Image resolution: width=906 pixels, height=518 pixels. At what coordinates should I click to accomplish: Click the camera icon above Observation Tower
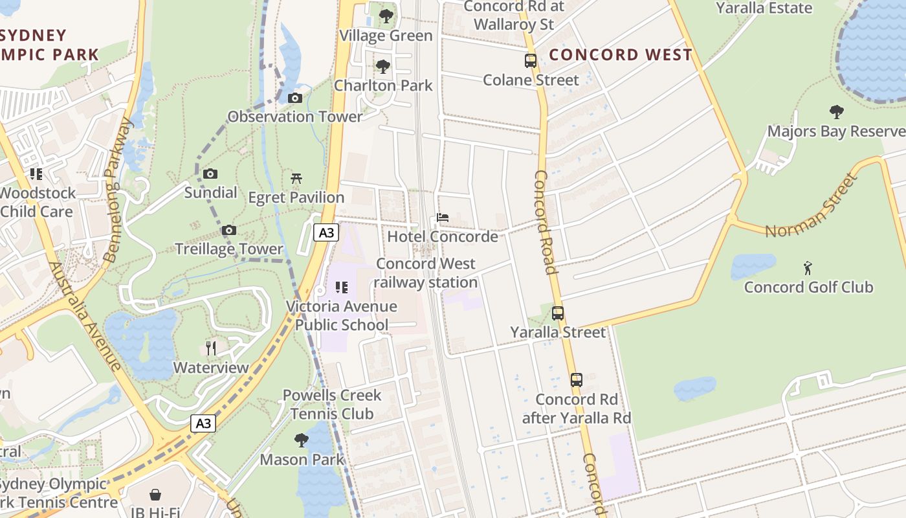[295, 98]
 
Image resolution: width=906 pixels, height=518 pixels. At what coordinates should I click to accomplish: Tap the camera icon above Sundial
[210, 174]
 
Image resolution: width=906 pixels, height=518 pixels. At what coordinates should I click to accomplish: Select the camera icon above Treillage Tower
[229, 231]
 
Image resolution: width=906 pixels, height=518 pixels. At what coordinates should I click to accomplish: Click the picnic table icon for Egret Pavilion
[296, 178]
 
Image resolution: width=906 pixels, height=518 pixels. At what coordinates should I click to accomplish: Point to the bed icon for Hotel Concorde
[443, 218]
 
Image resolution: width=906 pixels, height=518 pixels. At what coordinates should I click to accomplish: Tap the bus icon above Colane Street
[531, 61]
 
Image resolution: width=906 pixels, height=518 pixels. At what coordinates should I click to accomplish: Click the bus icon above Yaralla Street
[558, 313]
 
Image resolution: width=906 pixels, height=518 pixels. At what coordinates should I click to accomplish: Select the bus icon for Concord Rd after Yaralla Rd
[576, 380]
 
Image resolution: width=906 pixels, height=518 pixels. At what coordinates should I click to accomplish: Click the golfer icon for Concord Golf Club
[808, 267]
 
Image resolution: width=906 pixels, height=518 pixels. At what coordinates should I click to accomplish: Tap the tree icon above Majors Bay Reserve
[836, 112]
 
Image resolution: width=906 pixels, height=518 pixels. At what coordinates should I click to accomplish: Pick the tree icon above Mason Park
[302, 440]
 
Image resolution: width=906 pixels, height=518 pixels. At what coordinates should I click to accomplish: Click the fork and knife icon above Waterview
[210, 348]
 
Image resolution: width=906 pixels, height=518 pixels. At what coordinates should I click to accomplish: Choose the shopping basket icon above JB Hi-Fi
[155, 495]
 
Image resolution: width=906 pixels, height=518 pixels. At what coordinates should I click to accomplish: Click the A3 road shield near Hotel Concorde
[326, 232]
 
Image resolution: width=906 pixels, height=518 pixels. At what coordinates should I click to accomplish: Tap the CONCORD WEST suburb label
[621, 55]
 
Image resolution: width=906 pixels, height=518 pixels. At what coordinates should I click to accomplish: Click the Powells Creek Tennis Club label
[332, 404]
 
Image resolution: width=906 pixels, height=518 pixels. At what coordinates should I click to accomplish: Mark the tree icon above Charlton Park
[383, 66]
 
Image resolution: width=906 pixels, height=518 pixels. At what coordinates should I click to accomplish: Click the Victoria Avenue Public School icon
[342, 287]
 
